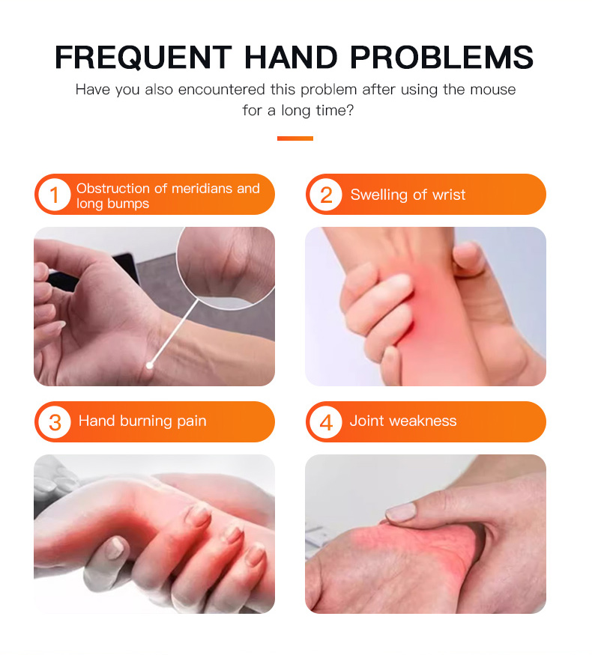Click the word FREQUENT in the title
[143, 57]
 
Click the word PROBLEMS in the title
[441, 57]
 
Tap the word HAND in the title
[291, 57]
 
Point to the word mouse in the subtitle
[493, 89]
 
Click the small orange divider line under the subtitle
[295, 138]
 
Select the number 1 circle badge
[55, 195]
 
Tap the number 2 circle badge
[326, 195]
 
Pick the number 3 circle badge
[55, 422]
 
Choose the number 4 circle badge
[326, 422]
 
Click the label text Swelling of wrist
[408, 195]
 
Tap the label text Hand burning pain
[142, 421]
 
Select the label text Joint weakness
[403, 421]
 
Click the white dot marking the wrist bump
[149, 366]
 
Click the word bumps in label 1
[130, 204]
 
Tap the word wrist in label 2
[449, 195]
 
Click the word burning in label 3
[145, 421]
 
